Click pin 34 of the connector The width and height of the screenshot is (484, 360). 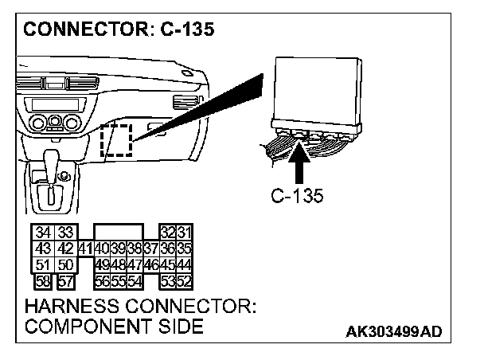point(42,233)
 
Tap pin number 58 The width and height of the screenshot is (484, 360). point(42,280)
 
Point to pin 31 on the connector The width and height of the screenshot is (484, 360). point(184,233)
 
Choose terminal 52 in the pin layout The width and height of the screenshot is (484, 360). point(184,280)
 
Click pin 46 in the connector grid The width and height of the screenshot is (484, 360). point(152,264)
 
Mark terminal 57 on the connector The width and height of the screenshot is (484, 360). point(66,280)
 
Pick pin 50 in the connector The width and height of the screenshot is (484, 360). point(66,264)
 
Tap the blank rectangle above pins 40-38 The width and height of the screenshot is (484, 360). point(119,232)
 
